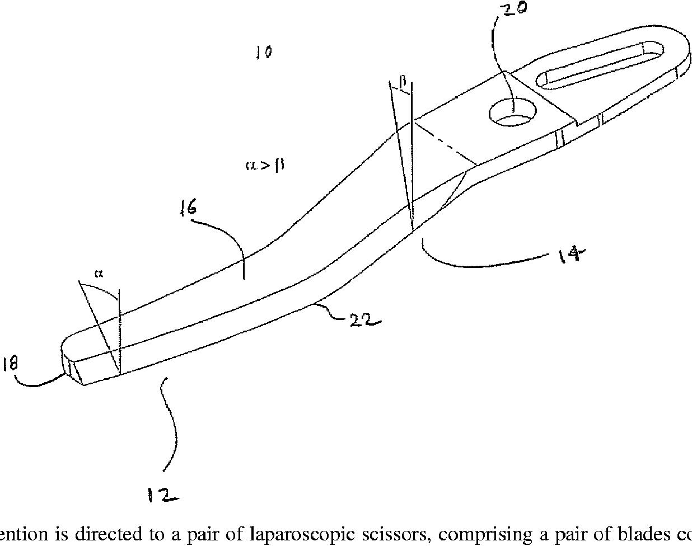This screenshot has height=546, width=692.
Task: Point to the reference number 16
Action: tap(188, 209)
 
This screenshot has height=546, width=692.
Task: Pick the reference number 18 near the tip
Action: tap(10, 364)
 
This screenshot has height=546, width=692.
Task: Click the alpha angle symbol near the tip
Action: tap(99, 274)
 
